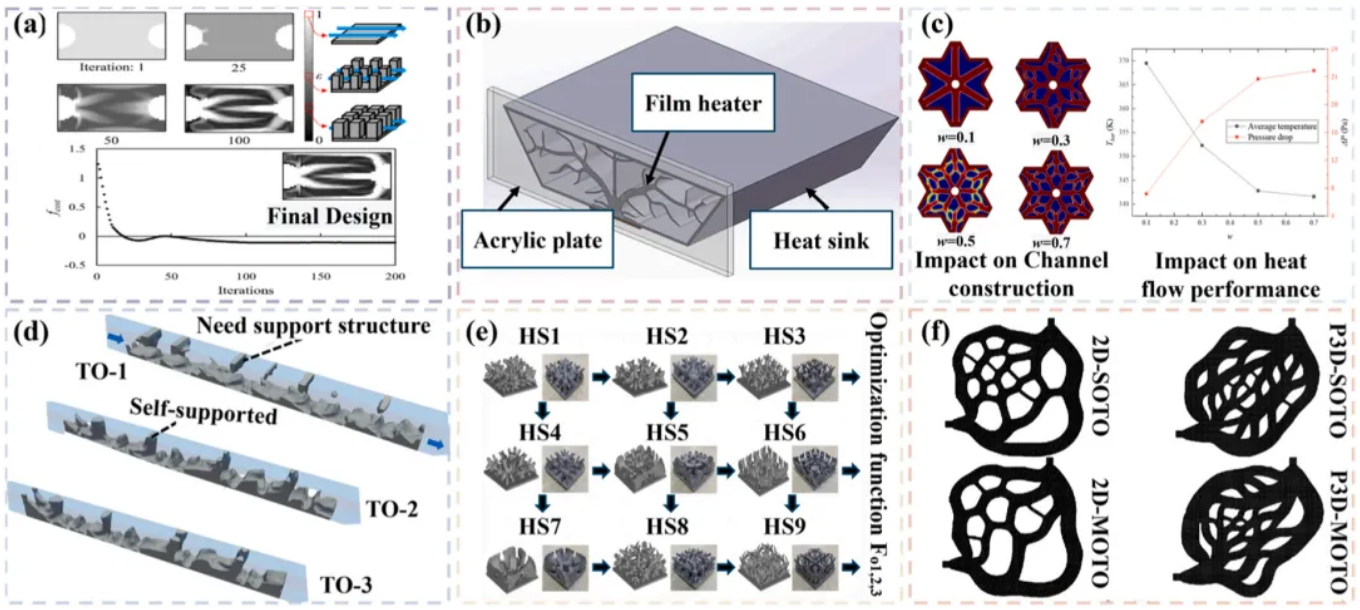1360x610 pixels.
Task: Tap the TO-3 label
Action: tap(348, 584)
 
